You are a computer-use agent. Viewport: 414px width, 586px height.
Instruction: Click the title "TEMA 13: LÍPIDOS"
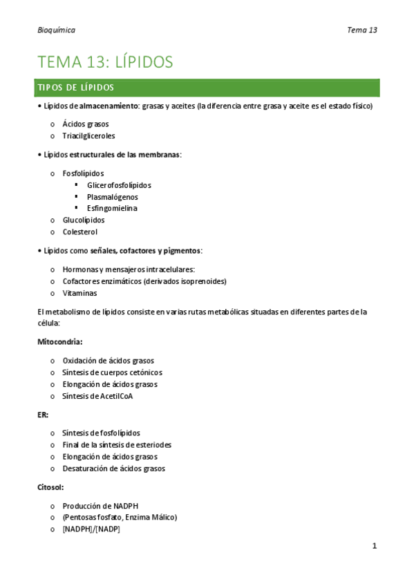(x=105, y=62)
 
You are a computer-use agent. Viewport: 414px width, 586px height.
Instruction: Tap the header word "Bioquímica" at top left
(x=57, y=30)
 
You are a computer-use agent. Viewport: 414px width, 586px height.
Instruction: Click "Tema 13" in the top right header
(x=362, y=30)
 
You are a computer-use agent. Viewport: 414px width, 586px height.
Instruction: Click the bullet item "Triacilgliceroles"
(x=88, y=135)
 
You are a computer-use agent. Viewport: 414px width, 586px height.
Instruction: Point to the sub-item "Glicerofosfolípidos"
(x=119, y=185)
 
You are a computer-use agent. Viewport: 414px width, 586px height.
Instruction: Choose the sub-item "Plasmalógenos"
(x=112, y=197)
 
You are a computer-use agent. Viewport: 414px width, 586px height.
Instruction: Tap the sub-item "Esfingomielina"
(x=112, y=208)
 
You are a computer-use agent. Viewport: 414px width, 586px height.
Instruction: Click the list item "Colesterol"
(x=80, y=231)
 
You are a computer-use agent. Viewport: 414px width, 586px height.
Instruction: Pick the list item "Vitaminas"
(x=80, y=293)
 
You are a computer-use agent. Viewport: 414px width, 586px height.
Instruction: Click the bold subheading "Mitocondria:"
(x=60, y=341)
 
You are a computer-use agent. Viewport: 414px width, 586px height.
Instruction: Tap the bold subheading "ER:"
(x=43, y=414)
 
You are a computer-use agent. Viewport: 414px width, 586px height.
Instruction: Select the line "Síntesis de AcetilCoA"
(x=97, y=396)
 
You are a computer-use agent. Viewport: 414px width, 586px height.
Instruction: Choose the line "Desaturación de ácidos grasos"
(x=114, y=469)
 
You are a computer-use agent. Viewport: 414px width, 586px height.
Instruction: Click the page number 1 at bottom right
(x=374, y=546)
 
